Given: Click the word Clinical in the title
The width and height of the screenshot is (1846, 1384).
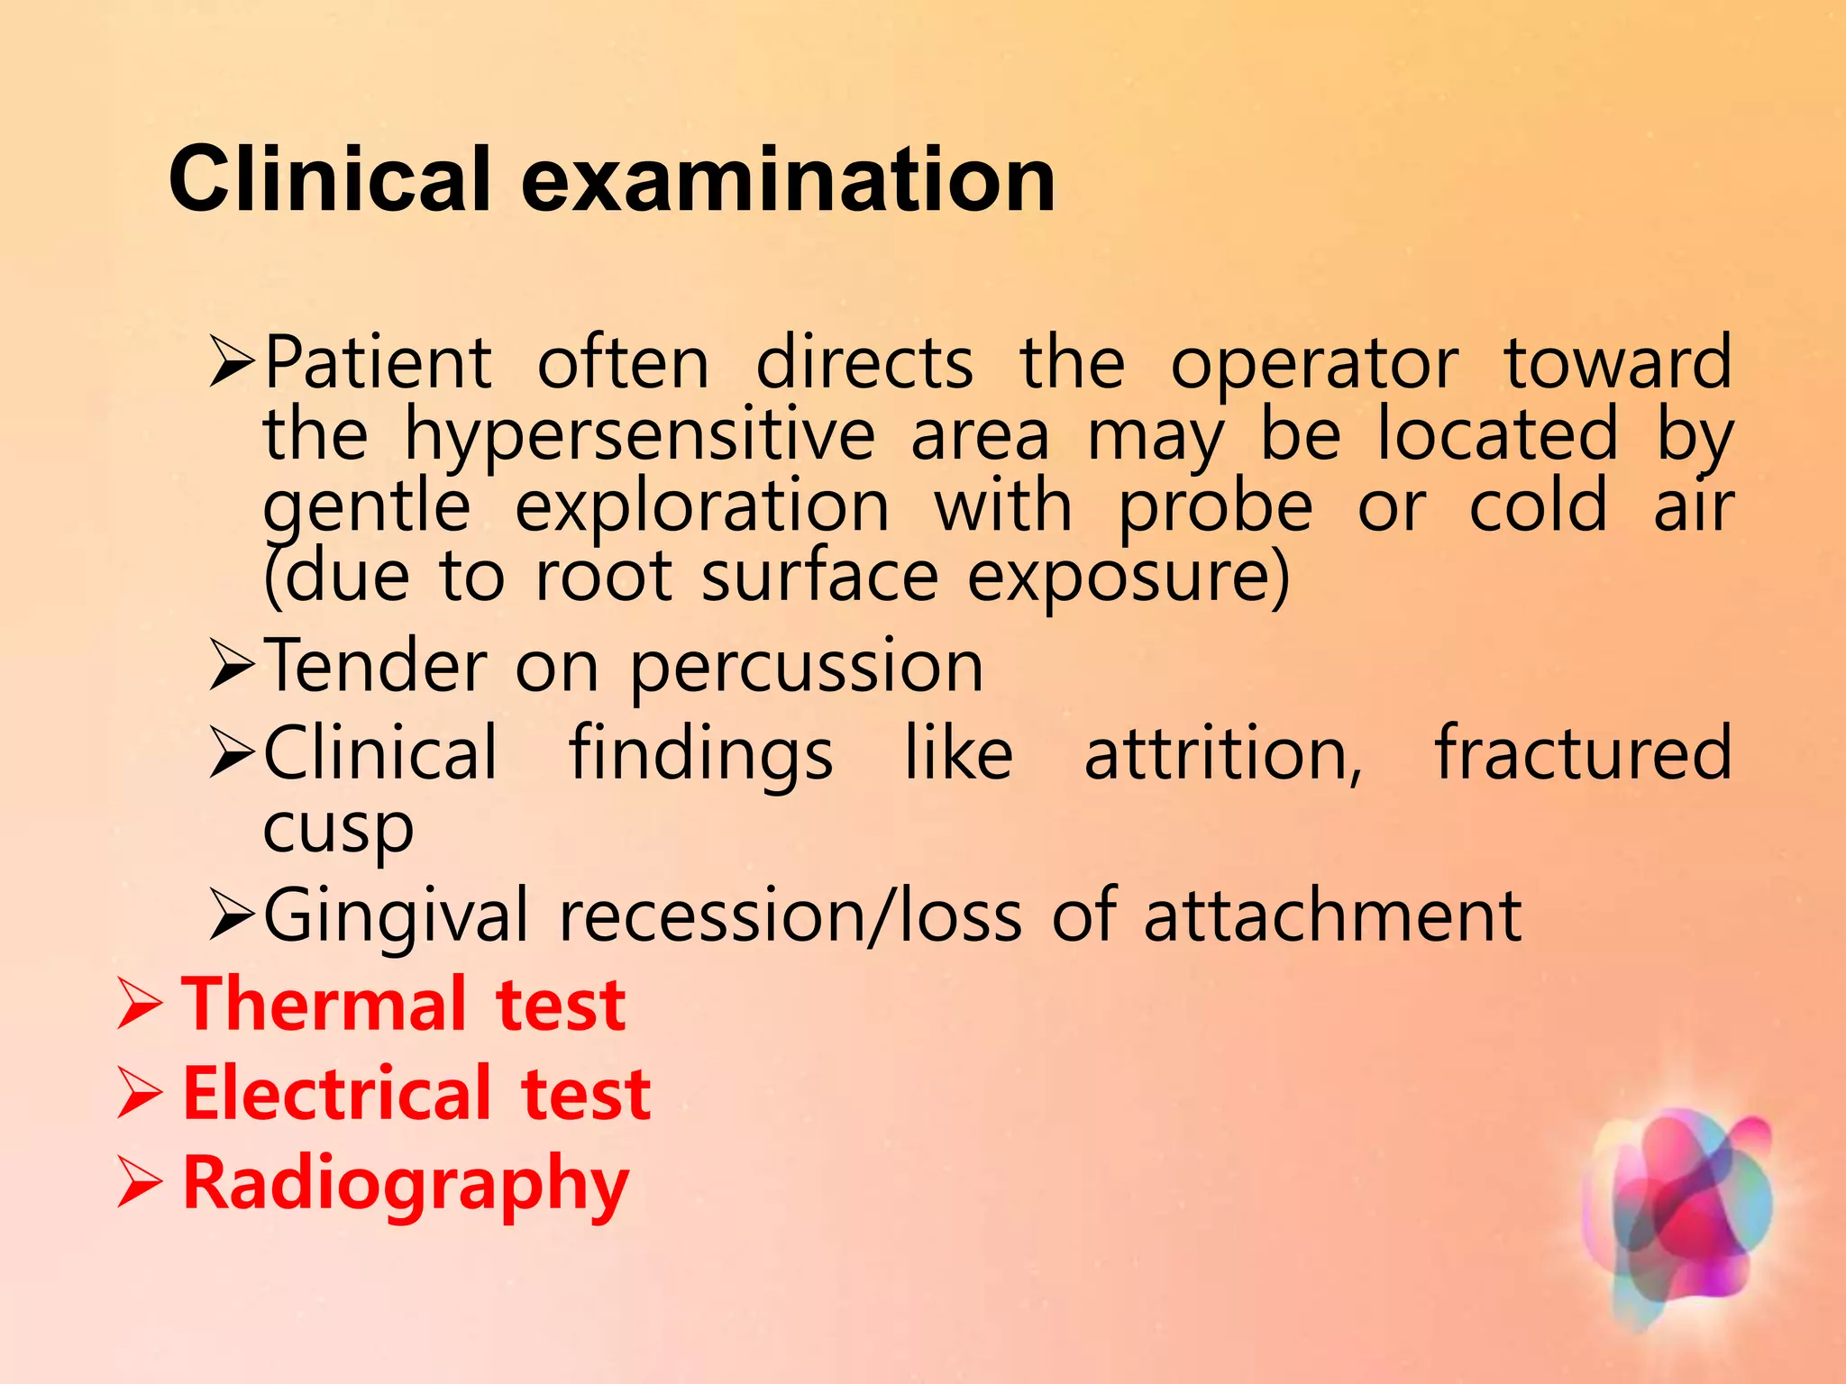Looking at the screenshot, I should [x=329, y=180].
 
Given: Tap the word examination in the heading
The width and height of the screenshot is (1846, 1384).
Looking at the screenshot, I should [x=788, y=180].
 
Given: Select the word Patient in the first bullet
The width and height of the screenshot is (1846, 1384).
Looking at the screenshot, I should [x=379, y=363].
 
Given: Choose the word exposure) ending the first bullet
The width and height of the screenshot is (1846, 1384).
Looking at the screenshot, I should [x=1129, y=578].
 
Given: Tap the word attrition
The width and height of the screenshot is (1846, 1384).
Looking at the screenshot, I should [x=1222, y=753].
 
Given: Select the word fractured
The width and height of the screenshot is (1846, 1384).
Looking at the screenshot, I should [x=1583, y=753].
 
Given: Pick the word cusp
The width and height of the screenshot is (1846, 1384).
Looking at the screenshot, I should [x=338, y=828].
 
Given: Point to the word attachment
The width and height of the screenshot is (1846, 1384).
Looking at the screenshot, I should [x=1332, y=915].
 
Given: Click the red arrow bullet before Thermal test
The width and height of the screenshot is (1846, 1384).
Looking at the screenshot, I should [x=140, y=1006].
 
